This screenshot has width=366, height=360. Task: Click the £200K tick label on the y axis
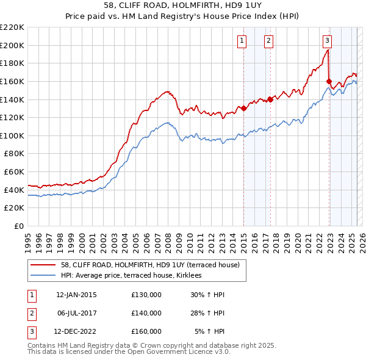13,45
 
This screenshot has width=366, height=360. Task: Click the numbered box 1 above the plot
242,41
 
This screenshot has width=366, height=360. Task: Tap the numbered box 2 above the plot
268,41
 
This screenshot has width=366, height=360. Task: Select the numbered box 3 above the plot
328,41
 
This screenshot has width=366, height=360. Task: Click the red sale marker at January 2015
243,109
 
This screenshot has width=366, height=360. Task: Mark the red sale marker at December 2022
329,81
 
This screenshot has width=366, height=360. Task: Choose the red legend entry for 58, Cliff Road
141,265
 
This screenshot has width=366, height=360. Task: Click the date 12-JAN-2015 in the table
76,295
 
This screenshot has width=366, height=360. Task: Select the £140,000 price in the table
146,313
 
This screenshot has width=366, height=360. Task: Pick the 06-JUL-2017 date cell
76,313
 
